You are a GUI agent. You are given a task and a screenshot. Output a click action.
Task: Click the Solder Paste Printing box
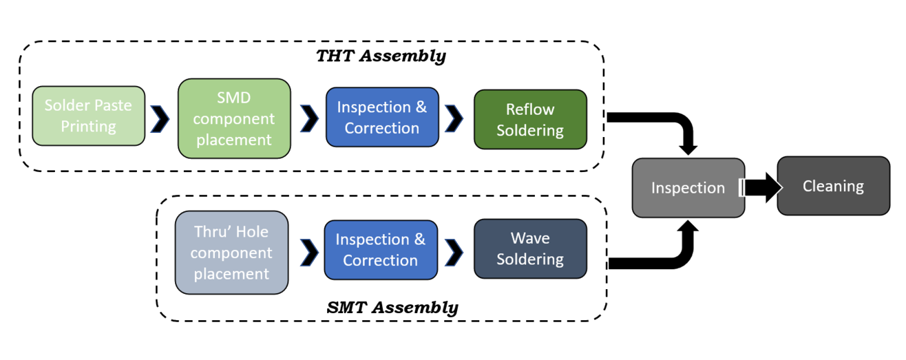coord(89,116)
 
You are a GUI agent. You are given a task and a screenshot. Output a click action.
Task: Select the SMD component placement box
coord(233,118)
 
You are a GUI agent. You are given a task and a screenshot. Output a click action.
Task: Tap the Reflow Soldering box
coord(530,119)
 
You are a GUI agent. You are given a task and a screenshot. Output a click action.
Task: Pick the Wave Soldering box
coord(530,248)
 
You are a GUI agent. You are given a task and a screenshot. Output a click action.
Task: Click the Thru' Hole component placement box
coord(231,253)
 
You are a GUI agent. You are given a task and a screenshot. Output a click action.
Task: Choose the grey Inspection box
coord(688,188)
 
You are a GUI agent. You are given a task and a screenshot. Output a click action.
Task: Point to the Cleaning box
coord(833,186)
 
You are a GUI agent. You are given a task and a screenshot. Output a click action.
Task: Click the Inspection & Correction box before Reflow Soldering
coord(381,117)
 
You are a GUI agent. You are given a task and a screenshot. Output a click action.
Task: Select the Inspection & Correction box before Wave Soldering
coord(380,249)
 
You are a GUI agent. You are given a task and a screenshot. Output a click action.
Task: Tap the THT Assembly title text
coord(381,56)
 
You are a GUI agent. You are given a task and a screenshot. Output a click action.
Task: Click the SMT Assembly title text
coord(392,307)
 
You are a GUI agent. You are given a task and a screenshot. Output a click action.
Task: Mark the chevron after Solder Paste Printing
coord(160,118)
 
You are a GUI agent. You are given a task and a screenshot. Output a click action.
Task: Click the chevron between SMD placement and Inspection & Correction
coord(309,118)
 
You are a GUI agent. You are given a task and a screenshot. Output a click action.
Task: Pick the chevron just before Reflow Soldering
coord(454,118)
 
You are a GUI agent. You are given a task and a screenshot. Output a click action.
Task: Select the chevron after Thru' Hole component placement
coord(306,252)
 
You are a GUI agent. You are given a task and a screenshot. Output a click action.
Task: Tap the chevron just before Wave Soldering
coord(454,252)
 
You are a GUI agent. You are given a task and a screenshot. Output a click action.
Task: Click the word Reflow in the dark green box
coord(529,109)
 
